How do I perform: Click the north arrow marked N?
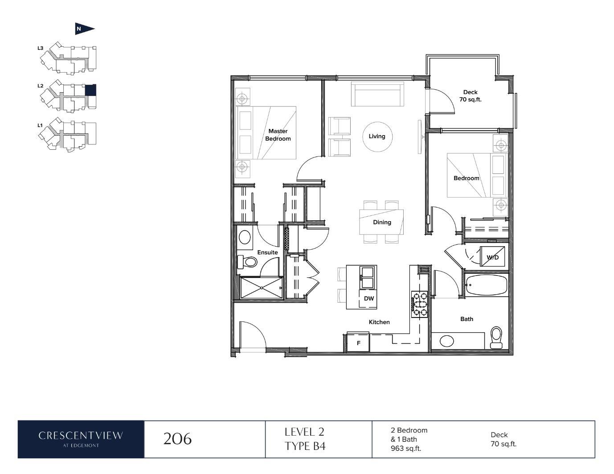[85, 29]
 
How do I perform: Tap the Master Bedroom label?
[278, 135]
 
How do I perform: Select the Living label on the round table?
[377, 136]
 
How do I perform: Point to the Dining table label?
[382, 222]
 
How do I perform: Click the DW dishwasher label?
[369, 298]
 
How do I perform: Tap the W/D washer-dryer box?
[492, 257]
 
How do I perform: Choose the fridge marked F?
[358, 343]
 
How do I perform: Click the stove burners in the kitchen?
[419, 304]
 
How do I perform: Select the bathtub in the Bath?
[486, 285]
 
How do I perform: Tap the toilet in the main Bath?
[496, 337]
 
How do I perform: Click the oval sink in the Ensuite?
[245, 237]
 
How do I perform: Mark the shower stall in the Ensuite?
[262, 288]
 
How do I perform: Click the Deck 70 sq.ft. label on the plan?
[470, 96]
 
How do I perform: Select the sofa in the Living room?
[377, 94]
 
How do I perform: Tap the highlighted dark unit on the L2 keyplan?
[91, 90]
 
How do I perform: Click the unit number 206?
[177, 439]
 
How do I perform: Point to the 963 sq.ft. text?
[406, 449]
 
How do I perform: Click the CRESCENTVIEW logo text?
[81, 436]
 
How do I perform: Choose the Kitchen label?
[379, 322]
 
